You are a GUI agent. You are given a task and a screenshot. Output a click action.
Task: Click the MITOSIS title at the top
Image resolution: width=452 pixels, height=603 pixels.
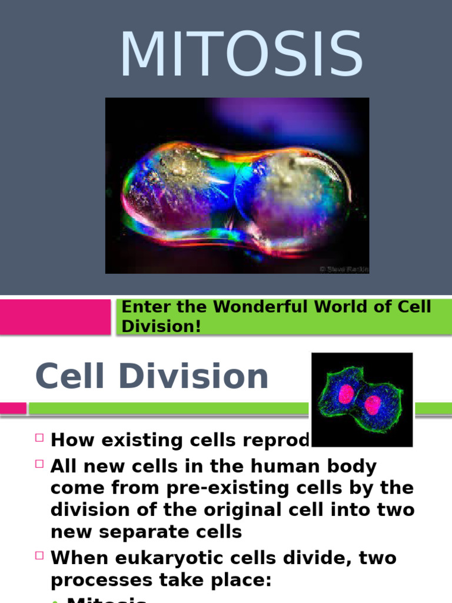tap(241, 54)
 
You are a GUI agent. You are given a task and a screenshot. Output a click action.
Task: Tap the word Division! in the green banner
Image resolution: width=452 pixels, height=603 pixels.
tap(161, 326)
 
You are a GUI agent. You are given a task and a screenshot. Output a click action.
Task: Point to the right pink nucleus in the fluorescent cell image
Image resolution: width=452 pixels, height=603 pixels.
tap(373, 404)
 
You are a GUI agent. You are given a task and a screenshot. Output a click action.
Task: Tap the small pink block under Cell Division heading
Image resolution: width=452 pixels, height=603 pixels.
tap(13, 408)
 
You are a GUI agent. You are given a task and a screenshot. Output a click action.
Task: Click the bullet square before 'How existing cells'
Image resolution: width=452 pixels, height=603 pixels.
tap(39, 438)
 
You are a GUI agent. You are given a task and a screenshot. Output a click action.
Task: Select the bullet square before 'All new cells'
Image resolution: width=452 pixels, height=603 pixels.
tap(39, 464)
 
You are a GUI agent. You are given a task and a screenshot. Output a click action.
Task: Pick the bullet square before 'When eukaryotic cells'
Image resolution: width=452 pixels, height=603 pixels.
tap(39, 555)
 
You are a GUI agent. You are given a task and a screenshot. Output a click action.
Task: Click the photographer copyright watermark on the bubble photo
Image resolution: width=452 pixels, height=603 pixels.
tap(343, 269)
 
